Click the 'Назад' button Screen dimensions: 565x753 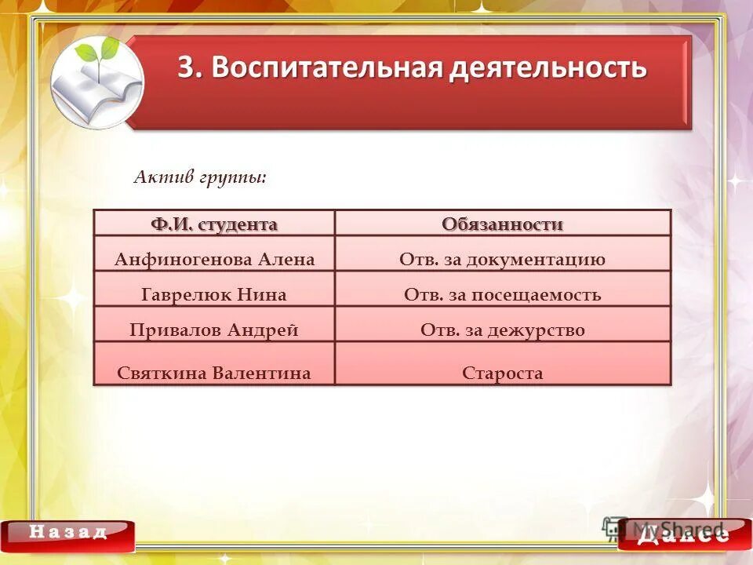coord(68,533)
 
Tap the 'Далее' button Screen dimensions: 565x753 coord(683,534)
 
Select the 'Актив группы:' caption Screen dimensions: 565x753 coord(200,177)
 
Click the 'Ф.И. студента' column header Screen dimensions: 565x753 coord(214,224)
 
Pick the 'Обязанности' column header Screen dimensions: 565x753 coord(502,224)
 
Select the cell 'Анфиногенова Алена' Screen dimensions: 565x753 coord(214,260)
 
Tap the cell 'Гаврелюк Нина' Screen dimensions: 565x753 coord(214,295)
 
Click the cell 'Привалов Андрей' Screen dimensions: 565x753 coord(214,330)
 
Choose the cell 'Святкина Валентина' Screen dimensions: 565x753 coord(214,373)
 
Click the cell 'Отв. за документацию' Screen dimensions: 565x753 coord(502,260)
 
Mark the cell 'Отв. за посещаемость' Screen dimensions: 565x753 coord(502,295)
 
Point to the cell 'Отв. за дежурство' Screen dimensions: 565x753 coord(502,330)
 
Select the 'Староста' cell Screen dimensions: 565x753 coord(502,373)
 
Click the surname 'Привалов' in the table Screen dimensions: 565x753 coord(176,330)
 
